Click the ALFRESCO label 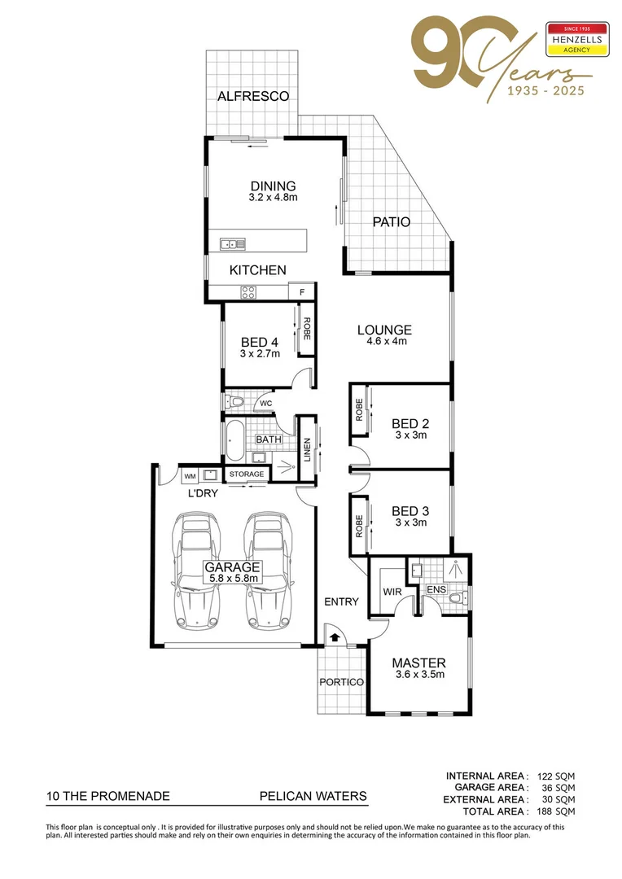pos(253,96)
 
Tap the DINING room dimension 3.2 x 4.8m pos(273,198)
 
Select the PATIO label pos(391,221)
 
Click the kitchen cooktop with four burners pos(248,293)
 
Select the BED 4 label pos(260,343)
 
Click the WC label pos(265,403)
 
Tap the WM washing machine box pos(190,475)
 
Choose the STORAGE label pos(246,474)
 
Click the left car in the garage pos(194,570)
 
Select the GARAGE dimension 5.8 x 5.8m pos(232,579)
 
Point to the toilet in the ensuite pos(458,600)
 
